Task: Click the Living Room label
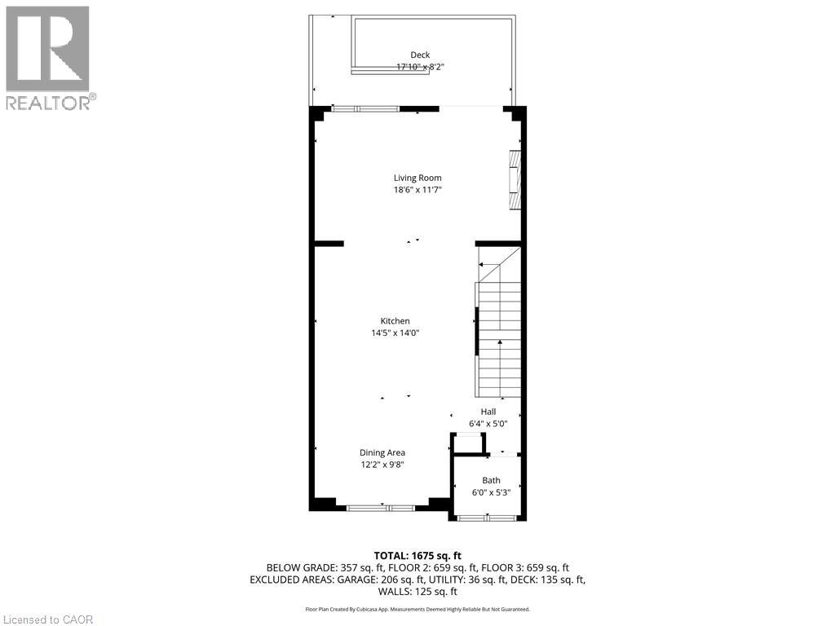(x=417, y=178)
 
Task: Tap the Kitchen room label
(x=395, y=321)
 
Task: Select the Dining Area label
(x=382, y=452)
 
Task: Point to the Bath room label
(x=491, y=480)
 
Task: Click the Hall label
(x=488, y=412)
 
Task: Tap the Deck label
(x=420, y=55)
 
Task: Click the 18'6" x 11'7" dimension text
(x=417, y=190)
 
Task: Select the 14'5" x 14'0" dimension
(x=395, y=333)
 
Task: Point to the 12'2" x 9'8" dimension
(x=382, y=465)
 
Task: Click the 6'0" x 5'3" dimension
(x=491, y=492)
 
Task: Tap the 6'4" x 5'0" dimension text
(x=488, y=424)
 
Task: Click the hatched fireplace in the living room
(x=515, y=180)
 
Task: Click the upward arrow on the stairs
(x=500, y=368)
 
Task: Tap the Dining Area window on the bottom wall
(x=381, y=508)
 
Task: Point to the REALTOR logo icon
(x=47, y=49)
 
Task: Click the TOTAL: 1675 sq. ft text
(x=417, y=556)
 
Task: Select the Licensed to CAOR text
(x=46, y=619)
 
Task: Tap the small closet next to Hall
(x=469, y=444)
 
